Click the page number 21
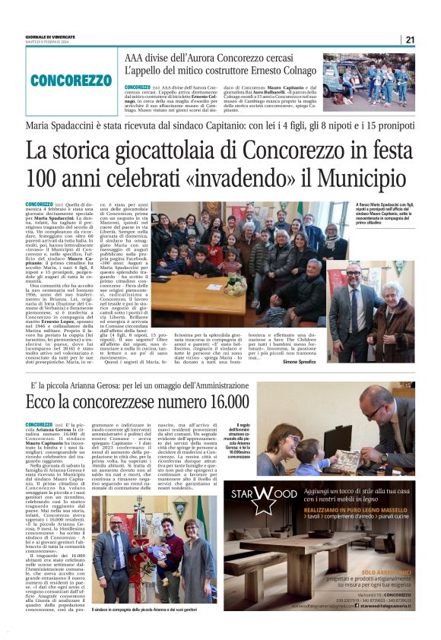coord(410,40)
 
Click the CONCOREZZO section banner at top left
coord(71,79)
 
